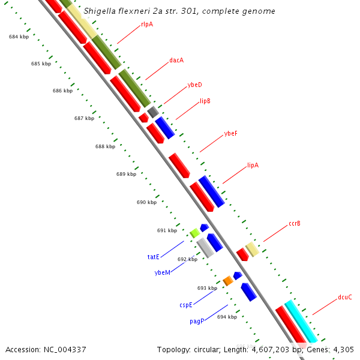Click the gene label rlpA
click(147, 24)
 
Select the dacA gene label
click(176, 60)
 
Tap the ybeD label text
click(194, 85)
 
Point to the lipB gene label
click(205, 101)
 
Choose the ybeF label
click(230, 133)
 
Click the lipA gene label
click(253, 165)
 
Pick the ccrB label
click(294, 223)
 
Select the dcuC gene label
click(344, 297)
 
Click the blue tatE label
click(154, 257)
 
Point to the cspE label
click(186, 305)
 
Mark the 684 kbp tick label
click(19, 37)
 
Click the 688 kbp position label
click(105, 146)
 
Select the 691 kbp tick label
click(167, 230)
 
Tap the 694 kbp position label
click(227, 317)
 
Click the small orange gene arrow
click(228, 280)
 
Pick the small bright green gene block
click(194, 232)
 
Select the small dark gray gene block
click(153, 111)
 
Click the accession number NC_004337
click(46, 349)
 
